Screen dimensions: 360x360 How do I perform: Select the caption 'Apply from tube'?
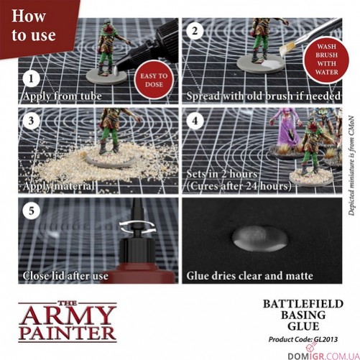click(63, 96)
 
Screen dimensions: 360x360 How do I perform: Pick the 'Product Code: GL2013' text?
click(302, 338)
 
